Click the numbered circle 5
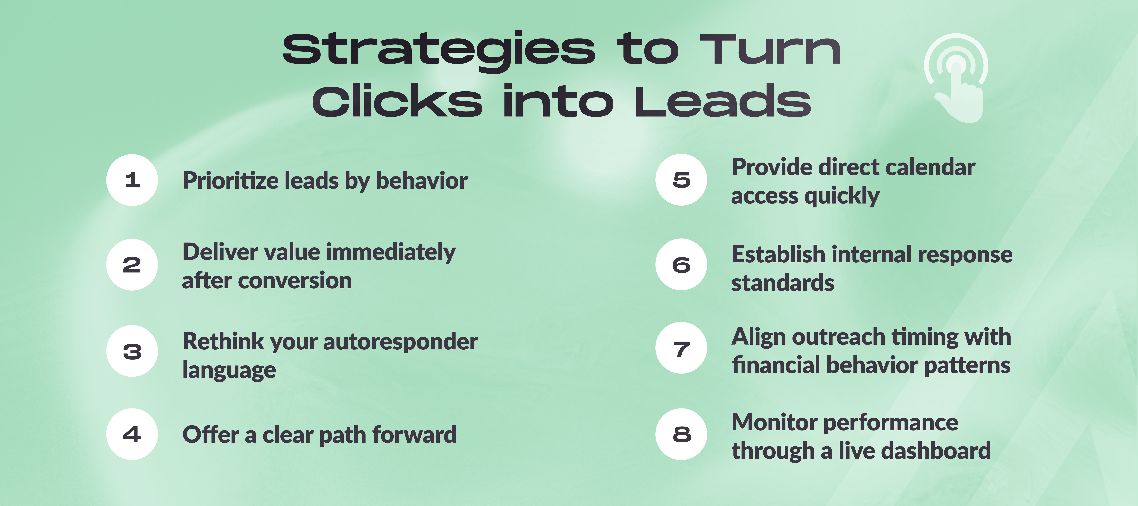681,180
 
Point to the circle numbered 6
681,265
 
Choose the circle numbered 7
681,348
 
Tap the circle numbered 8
681,434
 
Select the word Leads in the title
722,102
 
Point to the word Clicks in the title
397,102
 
